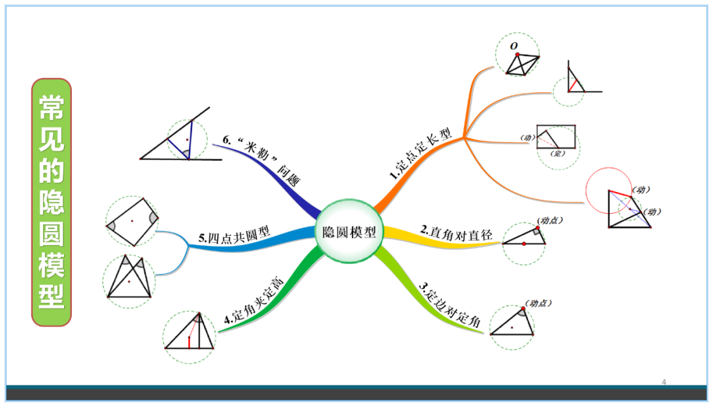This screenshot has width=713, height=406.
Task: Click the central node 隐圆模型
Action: tap(349, 232)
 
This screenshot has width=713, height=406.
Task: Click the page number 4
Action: tap(664, 382)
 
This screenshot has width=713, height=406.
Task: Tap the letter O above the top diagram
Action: tap(513, 46)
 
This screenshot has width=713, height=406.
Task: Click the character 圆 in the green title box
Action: tap(51, 234)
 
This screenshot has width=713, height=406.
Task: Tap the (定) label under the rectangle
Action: tap(559, 153)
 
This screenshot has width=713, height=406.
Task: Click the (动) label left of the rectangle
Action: tap(526, 137)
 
